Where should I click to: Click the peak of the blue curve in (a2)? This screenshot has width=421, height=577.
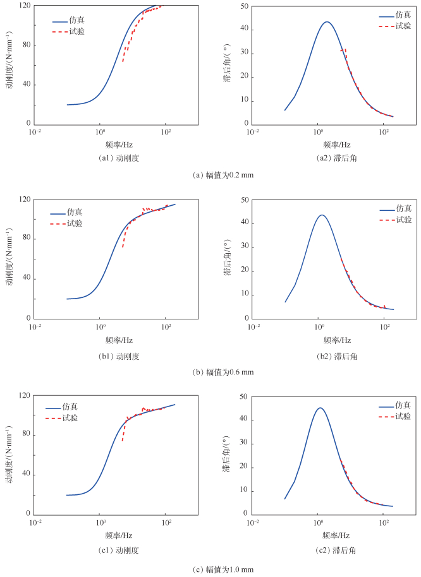tap(326, 22)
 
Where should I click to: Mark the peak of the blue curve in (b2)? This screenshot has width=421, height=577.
tap(322, 215)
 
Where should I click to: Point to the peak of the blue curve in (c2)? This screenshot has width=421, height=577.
tap(320, 408)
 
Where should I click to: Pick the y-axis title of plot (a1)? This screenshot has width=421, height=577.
tap(10, 65)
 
